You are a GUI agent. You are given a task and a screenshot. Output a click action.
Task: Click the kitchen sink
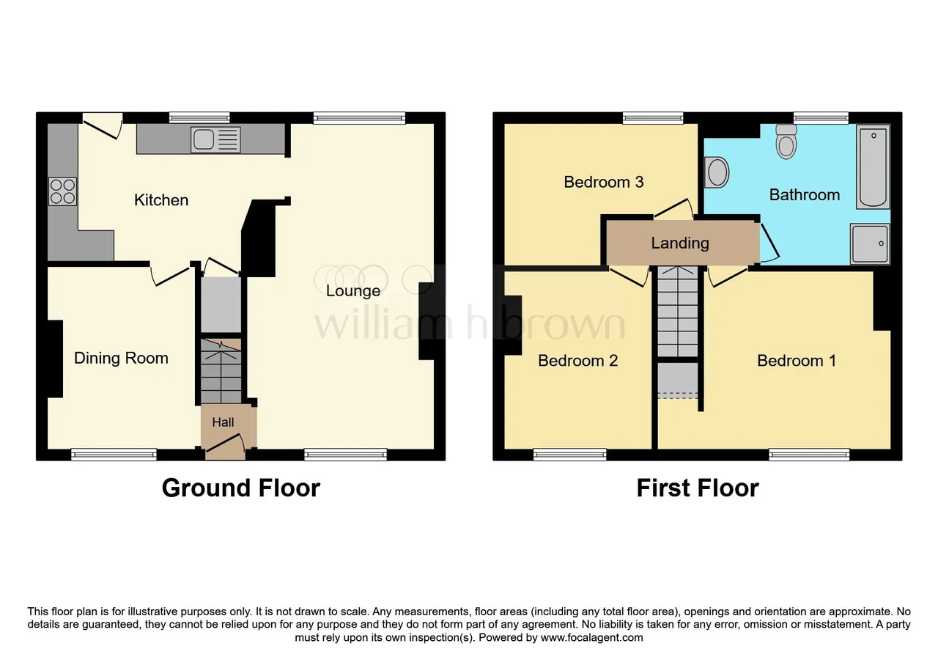click(215, 139)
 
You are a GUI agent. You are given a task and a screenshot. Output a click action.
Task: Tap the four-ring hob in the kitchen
click(62, 191)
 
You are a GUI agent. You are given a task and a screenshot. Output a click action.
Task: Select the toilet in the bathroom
click(786, 142)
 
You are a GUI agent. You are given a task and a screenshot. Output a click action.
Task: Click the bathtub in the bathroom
click(873, 166)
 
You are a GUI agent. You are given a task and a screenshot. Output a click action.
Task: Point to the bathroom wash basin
click(717, 172)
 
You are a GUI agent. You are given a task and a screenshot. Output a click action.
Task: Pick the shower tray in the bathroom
click(870, 244)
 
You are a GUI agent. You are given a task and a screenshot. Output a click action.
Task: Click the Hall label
click(223, 422)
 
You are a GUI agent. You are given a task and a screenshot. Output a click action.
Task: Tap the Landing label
click(680, 243)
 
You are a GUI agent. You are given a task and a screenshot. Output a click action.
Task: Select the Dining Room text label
click(121, 358)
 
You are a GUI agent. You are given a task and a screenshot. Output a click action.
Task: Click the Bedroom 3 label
click(603, 182)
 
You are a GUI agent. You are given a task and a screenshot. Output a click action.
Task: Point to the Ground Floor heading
click(241, 488)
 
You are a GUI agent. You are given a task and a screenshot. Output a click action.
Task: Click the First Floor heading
click(698, 488)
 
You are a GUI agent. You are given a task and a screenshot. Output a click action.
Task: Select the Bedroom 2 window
click(569, 455)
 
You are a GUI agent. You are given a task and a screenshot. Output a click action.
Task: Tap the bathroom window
click(821, 118)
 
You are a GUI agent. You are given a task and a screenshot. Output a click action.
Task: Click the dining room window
click(114, 455)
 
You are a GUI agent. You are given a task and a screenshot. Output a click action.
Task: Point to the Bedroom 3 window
click(653, 118)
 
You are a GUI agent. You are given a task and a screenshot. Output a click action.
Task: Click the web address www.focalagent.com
click(591, 638)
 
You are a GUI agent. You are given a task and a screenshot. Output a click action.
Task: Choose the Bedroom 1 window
click(809, 455)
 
